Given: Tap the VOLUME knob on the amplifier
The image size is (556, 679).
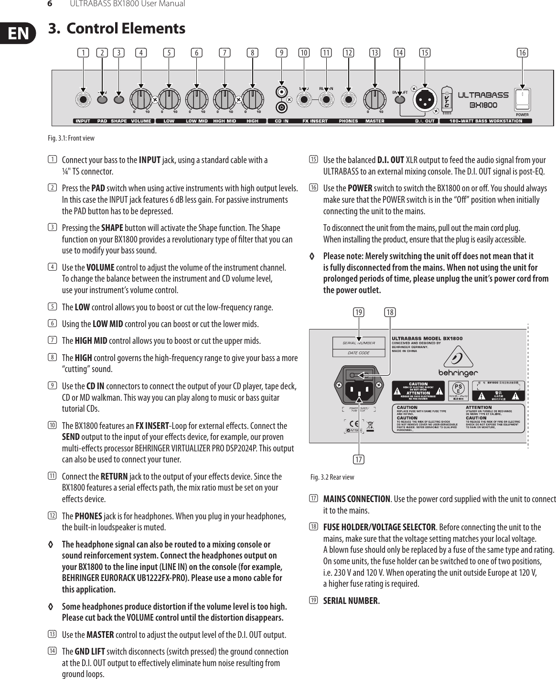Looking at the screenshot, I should [140, 99].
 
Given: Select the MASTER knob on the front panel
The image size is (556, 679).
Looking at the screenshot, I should [374, 99].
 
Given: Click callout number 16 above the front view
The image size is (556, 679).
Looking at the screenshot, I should [523, 53].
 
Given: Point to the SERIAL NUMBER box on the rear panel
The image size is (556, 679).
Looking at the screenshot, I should [359, 342].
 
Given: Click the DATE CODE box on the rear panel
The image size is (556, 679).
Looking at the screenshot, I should [359, 353].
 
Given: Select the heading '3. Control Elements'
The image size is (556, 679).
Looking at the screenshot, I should [117, 29].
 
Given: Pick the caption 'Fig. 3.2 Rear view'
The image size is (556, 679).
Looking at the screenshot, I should [332, 477].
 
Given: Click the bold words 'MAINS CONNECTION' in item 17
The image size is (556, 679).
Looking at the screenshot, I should [357, 499].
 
